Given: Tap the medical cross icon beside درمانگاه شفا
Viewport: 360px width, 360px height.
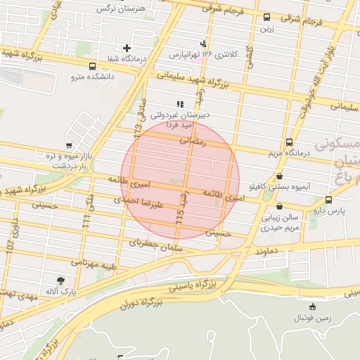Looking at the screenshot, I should (127, 48).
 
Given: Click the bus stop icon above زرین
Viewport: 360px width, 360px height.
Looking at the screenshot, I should (266, 18).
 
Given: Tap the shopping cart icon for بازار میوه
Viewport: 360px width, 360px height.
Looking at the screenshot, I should (68, 146).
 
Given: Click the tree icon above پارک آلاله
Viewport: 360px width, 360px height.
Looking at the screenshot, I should (61, 281).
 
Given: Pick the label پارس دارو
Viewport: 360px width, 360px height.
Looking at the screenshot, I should (328, 210).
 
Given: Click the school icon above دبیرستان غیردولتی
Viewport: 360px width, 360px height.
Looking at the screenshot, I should (180, 104).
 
